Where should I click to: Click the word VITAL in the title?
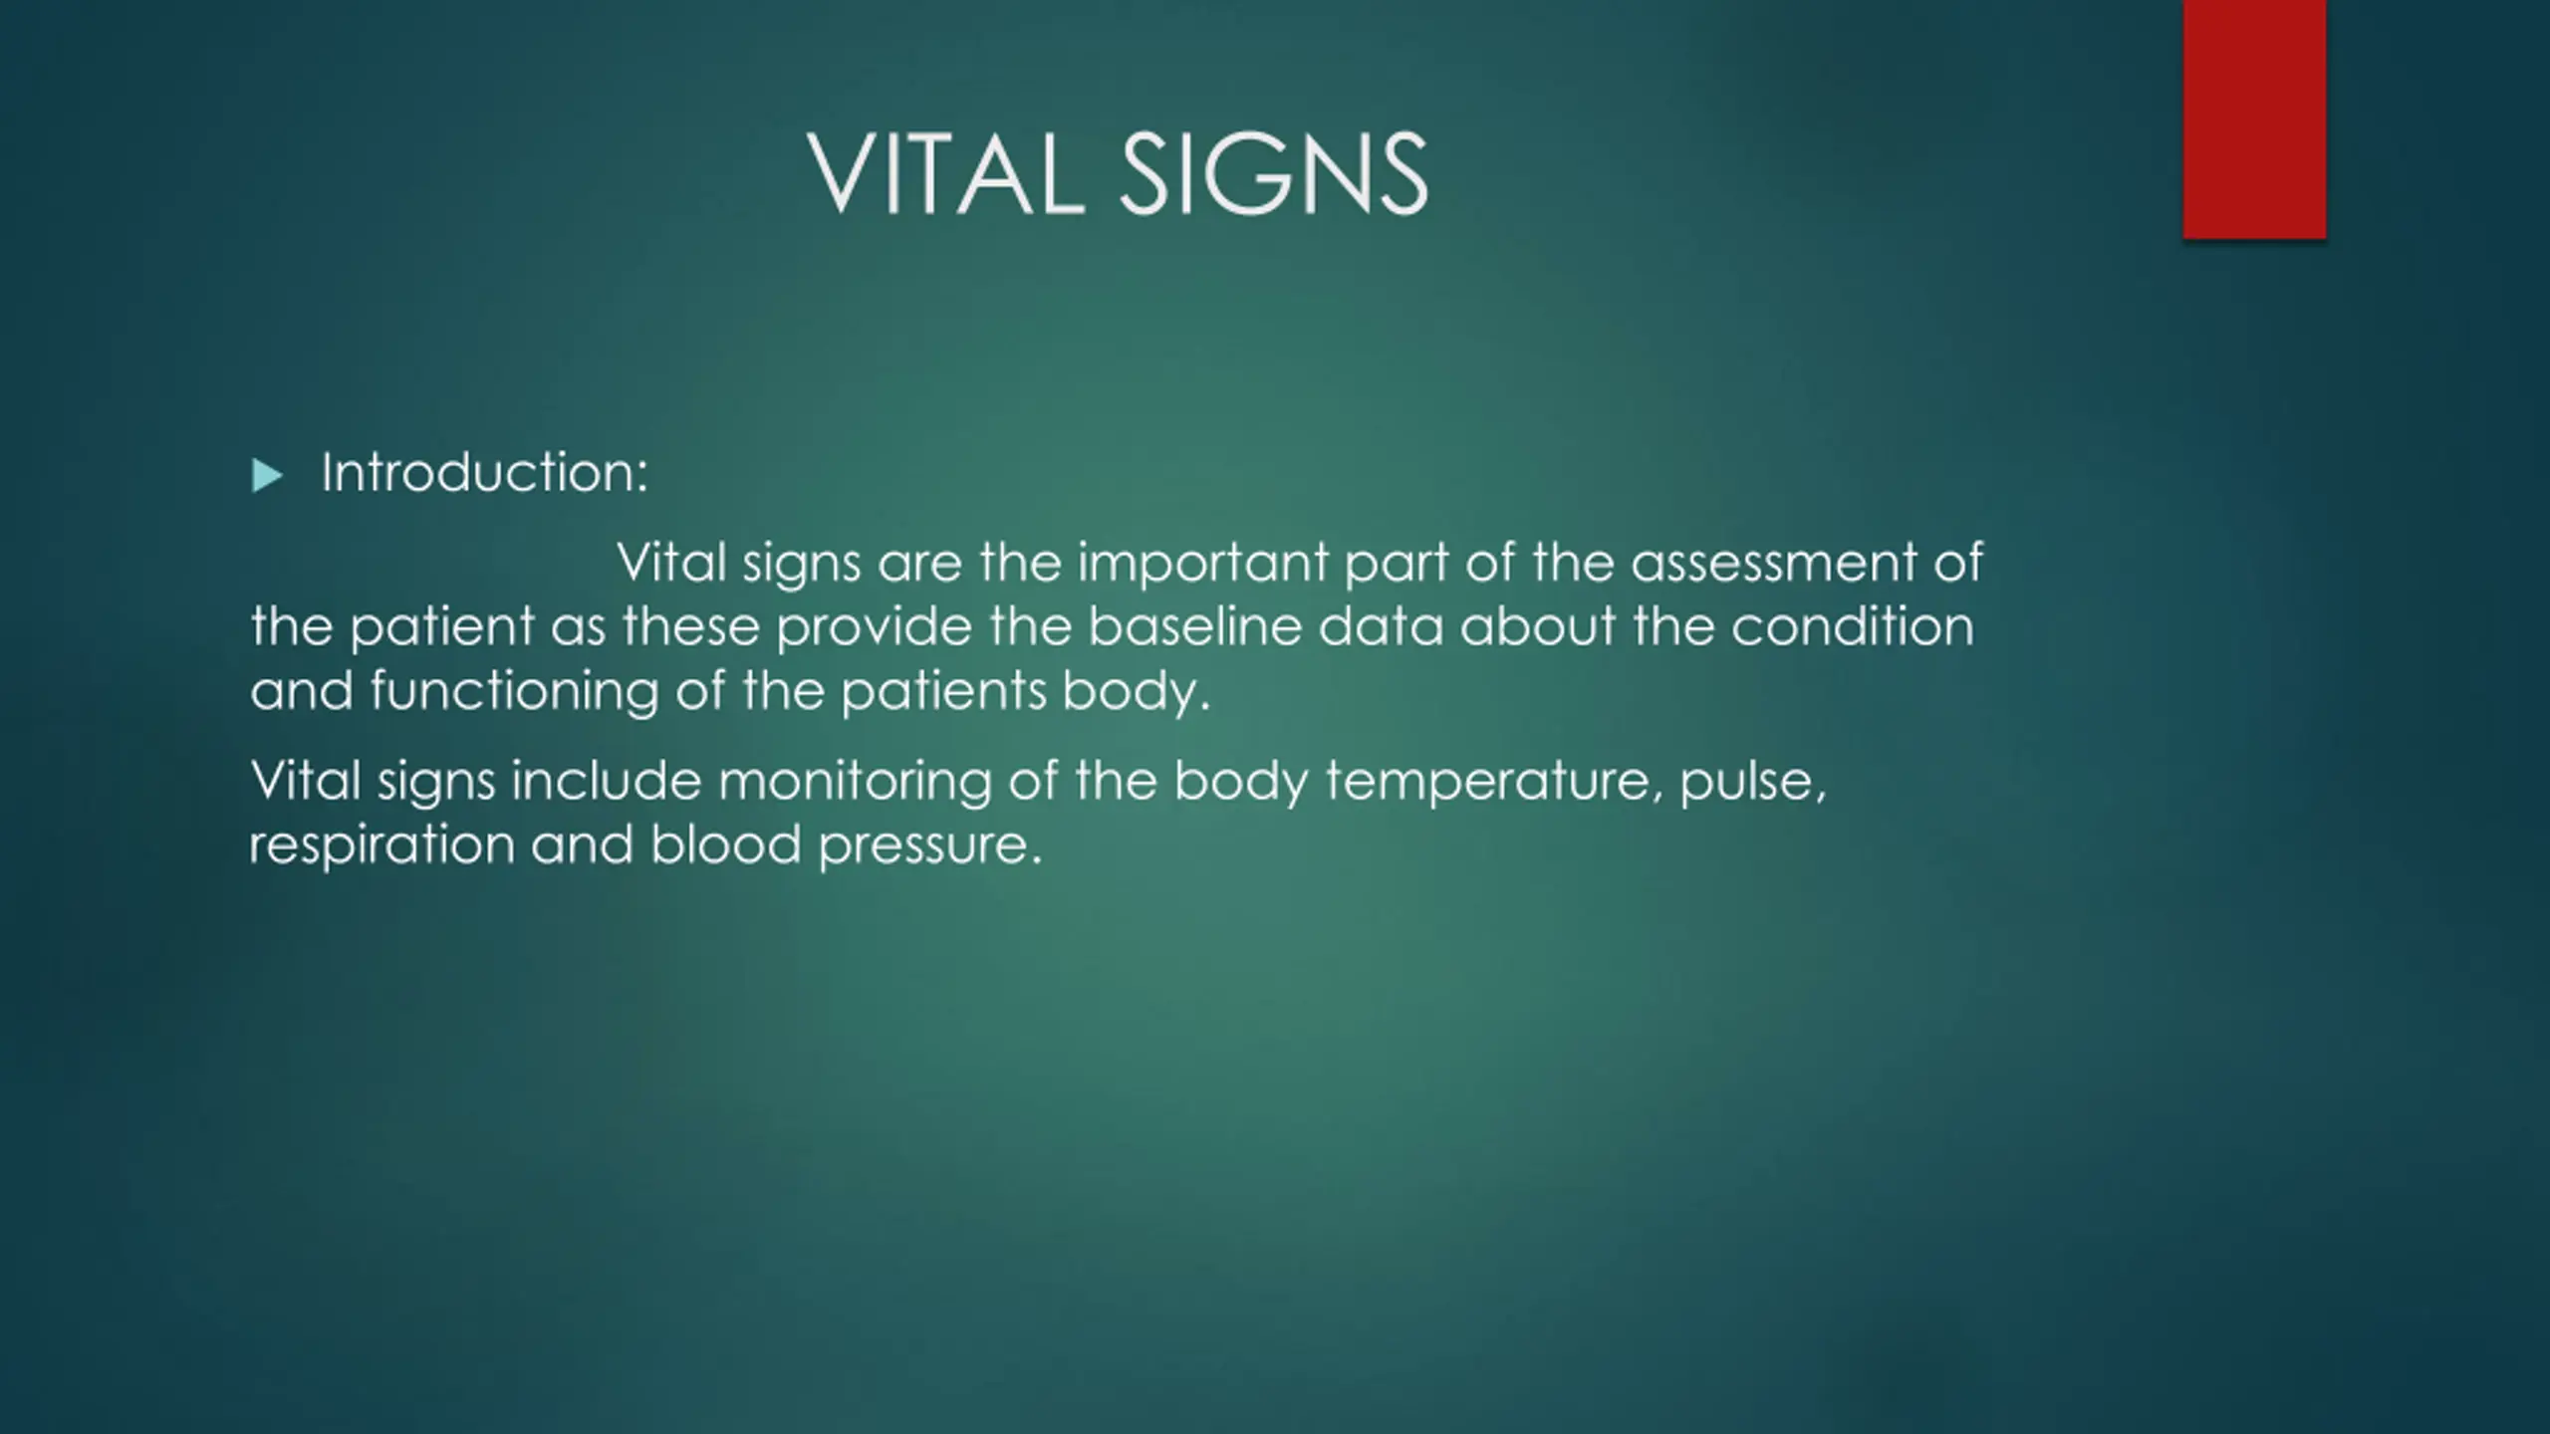945,174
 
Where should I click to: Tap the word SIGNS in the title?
1275,174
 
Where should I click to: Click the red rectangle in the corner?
2254,119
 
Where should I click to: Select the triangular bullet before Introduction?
267,476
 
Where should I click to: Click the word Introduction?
484,472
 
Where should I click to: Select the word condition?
1853,626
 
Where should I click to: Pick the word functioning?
514,692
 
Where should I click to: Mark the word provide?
874,628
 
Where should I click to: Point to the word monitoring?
855,782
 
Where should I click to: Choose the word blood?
726,843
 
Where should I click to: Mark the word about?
1538,626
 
